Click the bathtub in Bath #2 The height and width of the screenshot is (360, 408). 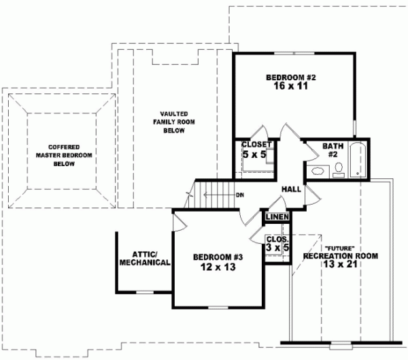pyautogui.click(x=358, y=161)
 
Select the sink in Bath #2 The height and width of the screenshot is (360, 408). pyautogui.click(x=317, y=171)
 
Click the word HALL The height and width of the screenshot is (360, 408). pyautogui.click(x=291, y=189)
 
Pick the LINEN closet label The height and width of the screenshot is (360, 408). pyautogui.click(x=277, y=216)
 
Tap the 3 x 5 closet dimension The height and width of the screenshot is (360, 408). pyautogui.click(x=277, y=248)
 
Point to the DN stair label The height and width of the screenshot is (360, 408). pyautogui.click(x=239, y=195)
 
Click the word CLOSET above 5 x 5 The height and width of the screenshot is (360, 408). pyautogui.click(x=257, y=144)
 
